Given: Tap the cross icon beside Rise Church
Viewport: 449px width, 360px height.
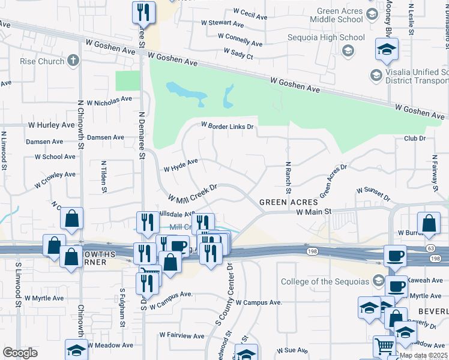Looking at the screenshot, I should tap(73, 61).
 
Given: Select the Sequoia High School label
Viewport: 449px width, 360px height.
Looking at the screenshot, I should tap(335, 37).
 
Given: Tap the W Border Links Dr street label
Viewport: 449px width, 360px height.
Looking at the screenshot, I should tap(228, 127).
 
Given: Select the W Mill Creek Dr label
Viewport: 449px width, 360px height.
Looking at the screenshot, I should tap(191, 194).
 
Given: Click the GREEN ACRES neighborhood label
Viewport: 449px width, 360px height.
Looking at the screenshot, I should tap(283, 203).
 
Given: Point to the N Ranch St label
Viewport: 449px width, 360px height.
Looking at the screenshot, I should tap(288, 177).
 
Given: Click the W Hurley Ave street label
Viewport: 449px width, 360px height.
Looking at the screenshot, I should tap(52, 125).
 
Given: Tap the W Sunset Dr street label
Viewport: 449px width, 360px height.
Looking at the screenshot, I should tap(373, 193).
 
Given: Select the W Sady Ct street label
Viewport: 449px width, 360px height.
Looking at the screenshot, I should tap(238, 54).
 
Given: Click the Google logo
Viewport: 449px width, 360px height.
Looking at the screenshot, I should tap(20, 353).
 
